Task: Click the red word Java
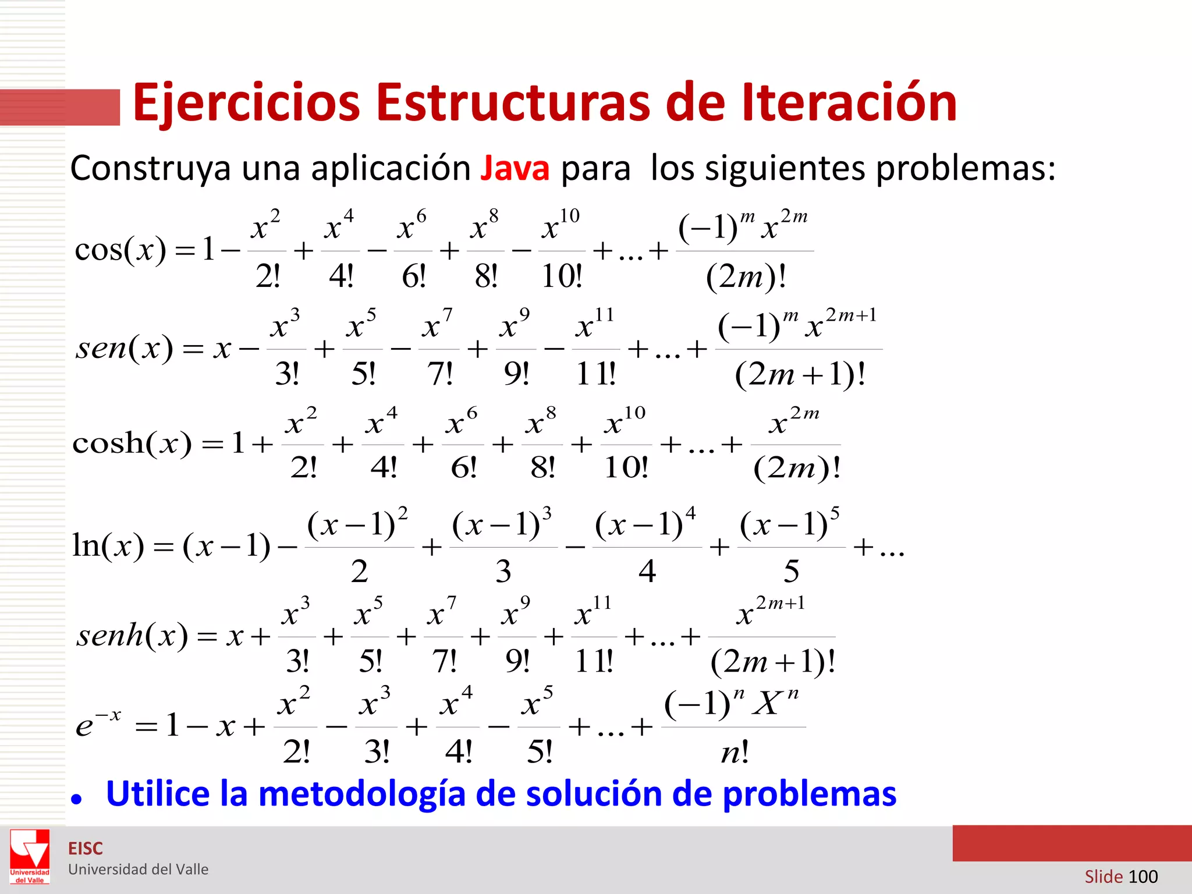coord(515,168)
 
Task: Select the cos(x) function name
coord(120,250)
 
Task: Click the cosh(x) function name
coord(132,444)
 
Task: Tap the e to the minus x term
coord(98,723)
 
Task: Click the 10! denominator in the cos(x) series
coord(562,276)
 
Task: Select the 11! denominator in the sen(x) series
coord(595,374)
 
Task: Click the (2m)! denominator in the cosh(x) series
coord(797,467)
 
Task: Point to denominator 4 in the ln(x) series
coord(647,572)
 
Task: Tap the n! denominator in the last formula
coord(735,753)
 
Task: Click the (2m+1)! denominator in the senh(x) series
coord(773,662)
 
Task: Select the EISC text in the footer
coord(86,849)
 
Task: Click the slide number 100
coord(1143,877)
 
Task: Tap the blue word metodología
coord(361,794)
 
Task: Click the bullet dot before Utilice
coord(76,799)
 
